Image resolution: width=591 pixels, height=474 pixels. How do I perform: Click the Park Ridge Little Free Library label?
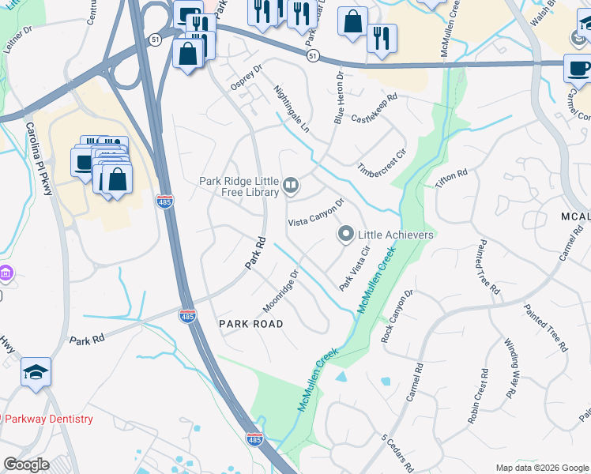click(239, 186)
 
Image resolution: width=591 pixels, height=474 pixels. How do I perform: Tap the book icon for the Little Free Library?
click(291, 186)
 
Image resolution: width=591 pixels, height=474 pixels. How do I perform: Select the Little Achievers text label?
click(397, 235)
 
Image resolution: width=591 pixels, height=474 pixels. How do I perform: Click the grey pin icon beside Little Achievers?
click(345, 235)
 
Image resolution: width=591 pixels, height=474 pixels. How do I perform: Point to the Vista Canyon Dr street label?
click(317, 212)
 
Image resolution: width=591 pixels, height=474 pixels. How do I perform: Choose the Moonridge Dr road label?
click(280, 292)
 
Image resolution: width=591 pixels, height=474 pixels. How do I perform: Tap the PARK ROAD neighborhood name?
click(250, 324)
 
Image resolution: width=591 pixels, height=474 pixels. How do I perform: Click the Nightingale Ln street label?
click(292, 109)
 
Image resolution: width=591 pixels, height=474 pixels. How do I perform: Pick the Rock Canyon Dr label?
click(397, 316)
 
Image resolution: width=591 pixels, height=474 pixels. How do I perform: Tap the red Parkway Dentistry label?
click(47, 419)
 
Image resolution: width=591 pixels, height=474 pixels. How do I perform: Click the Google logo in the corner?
click(26, 465)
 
